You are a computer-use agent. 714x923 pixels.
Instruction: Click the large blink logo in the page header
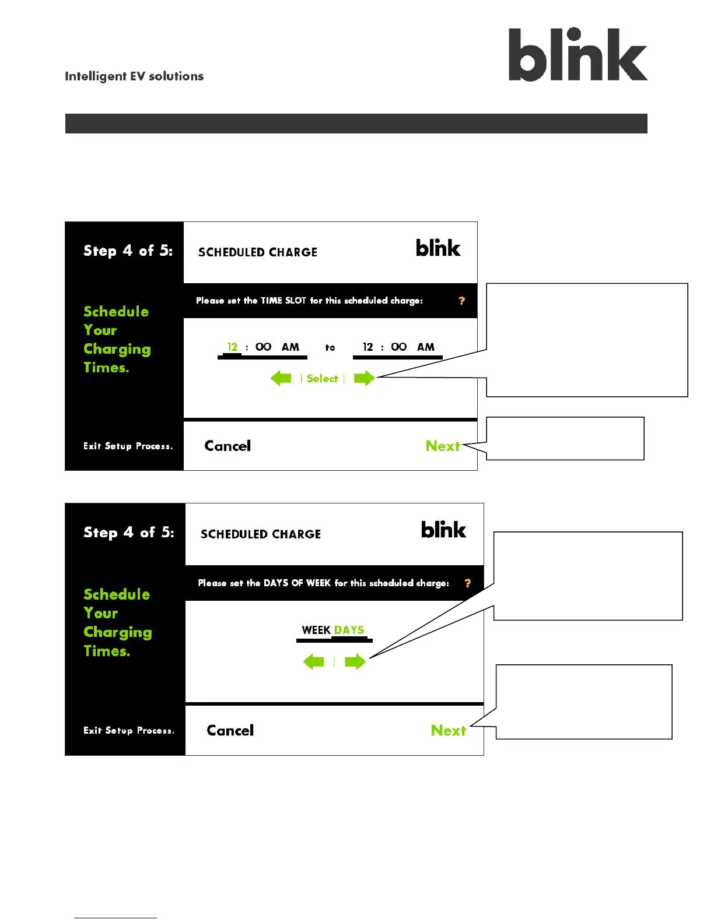pyautogui.click(x=577, y=55)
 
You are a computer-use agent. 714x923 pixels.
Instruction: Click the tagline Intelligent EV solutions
pyautogui.click(x=134, y=76)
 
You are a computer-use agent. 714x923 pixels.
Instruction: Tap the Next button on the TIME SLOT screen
pyautogui.click(x=443, y=446)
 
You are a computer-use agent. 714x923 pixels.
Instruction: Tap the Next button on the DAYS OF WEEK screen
pyautogui.click(x=448, y=730)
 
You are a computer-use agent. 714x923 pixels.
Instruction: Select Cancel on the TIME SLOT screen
pyautogui.click(x=228, y=446)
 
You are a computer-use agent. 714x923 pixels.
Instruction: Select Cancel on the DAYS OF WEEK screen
pyautogui.click(x=230, y=730)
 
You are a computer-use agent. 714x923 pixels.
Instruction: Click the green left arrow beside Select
pyautogui.click(x=281, y=378)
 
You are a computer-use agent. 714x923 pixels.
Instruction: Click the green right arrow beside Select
pyautogui.click(x=364, y=378)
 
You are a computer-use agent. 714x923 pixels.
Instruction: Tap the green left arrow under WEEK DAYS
pyautogui.click(x=314, y=661)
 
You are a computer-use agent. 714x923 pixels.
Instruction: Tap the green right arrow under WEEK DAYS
pyautogui.click(x=355, y=661)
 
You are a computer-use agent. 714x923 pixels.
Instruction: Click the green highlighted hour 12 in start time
pyautogui.click(x=232, y=347)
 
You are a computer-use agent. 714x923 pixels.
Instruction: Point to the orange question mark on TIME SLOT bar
pyautogui.click(x=461, y=301)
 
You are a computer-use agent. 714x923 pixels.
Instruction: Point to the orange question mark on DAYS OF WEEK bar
pyautogui.click(x=467, y=583)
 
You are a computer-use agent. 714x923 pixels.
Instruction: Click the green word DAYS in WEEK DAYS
pyautogui.click(x=349, y=630)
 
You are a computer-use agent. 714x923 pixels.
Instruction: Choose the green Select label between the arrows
pyautogui.click(x=323, y=378)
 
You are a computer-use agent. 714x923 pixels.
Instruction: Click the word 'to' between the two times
pyautogui.click(x=330, y=347)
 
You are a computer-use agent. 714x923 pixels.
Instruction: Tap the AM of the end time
pyautogui.click(x=426, y=347)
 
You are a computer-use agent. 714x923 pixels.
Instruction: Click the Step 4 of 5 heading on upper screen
pyautogui.click(x=128, y=251)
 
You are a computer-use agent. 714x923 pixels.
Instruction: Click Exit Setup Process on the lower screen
pyautogui.click(x=128, y=730)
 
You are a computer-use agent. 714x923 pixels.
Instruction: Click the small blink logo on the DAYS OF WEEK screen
pyautogui.click(x=443, y=530)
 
